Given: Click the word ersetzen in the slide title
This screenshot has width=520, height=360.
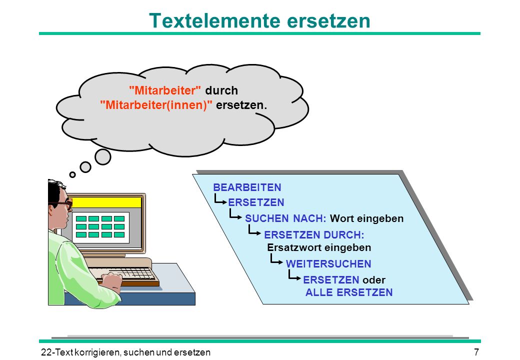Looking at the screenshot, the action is [x=328, y=21].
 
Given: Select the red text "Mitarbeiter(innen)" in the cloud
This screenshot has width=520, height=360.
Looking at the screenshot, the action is [x=156, y=105].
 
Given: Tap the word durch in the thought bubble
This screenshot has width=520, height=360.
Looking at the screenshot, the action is [x=221, y=90].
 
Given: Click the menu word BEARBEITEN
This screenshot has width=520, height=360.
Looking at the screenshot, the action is [x=247, y=187].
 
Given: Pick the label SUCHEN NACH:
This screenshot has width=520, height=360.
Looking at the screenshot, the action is [x=285, y=218].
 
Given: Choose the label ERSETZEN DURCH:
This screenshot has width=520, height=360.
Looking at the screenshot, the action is [x=314, y=235].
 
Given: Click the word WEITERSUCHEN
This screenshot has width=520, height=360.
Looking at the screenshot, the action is [x=328, y=264].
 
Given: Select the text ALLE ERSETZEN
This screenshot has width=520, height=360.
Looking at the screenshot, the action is [x=349, y=292].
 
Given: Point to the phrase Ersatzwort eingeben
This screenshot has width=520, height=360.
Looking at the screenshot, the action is [x=319, y=247].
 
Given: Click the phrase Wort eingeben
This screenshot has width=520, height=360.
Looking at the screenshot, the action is [x=367, y=219].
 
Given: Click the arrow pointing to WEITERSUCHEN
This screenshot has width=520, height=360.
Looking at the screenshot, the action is [x=276, y=259].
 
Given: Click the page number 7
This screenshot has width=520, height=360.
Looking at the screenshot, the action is [x=476, y=351].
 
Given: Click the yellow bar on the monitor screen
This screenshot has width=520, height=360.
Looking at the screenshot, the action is [x=105, y=202].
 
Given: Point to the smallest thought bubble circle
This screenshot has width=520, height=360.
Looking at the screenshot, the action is [x=72, y=174].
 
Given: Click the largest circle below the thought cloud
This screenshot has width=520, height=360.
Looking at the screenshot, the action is [x=103, y=157].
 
